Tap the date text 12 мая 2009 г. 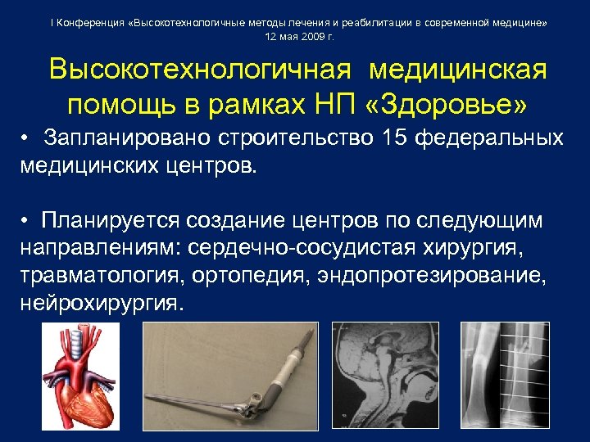tap(300, 38)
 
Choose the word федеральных tap(489, 138)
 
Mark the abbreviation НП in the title tap(338, 106)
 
